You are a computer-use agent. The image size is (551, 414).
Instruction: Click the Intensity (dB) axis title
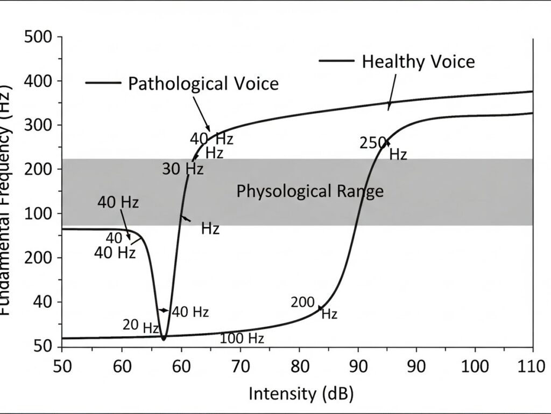[x=301, y=394]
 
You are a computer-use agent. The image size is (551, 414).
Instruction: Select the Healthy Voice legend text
[x=418, y=61]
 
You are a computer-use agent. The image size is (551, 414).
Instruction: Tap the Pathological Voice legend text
[x=203, y=84]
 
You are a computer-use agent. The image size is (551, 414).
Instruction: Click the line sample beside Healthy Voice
[x=336, y=60]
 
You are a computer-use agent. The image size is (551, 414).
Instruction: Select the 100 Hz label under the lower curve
[x=242, y=339]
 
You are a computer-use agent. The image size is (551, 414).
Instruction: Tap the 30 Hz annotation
[x=183, y=169]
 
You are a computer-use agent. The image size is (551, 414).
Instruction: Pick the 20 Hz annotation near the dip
[x=140, y=326]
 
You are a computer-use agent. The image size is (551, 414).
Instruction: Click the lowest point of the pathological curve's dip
[x=164, y=338]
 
